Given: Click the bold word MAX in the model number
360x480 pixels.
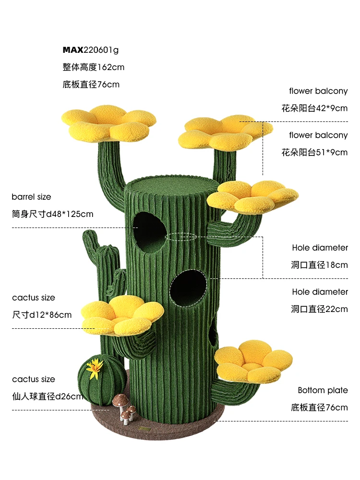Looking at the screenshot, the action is click(73, 50).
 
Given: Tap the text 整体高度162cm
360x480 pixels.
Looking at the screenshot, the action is click(93, 67).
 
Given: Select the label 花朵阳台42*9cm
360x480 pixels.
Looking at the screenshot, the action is click(314, 108).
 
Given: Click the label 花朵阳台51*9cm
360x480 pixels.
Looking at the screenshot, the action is click(314, 153).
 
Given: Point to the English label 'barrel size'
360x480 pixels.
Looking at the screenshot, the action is click(31, 197).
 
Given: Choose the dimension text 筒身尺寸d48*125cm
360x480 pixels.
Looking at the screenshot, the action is click(52, 214).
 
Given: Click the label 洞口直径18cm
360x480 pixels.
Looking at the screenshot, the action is click(319, 265).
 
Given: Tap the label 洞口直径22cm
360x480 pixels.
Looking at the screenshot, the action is click(319, 309).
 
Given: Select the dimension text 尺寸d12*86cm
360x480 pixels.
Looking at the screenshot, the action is click(42, 315).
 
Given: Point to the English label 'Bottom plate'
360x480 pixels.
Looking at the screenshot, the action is click(323, 390).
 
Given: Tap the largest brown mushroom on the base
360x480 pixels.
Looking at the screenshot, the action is click(120, 399).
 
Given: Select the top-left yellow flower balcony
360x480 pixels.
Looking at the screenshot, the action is click(109, 122).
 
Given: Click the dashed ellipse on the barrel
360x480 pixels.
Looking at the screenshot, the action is click(180, 237).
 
